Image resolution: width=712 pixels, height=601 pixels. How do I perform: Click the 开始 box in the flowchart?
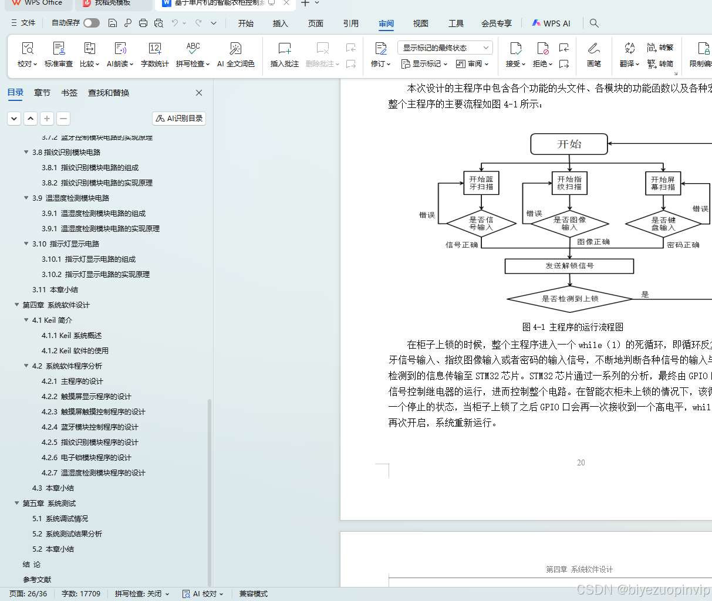point(569,144)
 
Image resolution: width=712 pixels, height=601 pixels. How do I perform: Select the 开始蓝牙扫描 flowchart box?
point(481,183)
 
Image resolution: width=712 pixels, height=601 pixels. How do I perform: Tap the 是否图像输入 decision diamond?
point(569,223)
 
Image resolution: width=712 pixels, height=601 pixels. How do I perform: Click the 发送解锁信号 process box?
point(569,266)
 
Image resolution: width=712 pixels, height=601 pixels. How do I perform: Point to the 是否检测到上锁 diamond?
point(569,299)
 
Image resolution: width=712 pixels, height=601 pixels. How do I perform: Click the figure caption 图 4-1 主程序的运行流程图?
point(572,327)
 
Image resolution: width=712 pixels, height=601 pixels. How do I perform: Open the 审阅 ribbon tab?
point(386,23)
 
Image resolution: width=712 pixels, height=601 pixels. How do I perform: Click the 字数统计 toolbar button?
point(155,55)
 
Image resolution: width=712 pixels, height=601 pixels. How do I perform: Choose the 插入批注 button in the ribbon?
point(285,55)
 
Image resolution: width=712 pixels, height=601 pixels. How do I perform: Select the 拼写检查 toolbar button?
point(192,55)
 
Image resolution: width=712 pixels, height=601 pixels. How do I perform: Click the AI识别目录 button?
point(179,119)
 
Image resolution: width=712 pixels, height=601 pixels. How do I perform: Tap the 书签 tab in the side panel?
point(69,93)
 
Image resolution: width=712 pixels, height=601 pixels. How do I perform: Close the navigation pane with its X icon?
point(199,93)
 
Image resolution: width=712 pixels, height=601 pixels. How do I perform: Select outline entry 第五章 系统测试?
point(49,504)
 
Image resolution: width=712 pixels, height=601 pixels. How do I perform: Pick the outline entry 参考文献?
point(37,580)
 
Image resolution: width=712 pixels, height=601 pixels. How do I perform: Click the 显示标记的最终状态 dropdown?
point(444,48)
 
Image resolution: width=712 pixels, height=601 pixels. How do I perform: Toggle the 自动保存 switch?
point(92,23)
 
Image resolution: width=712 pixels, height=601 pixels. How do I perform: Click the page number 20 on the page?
point(581,462)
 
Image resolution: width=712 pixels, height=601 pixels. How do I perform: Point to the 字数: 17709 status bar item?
point(81,594)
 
